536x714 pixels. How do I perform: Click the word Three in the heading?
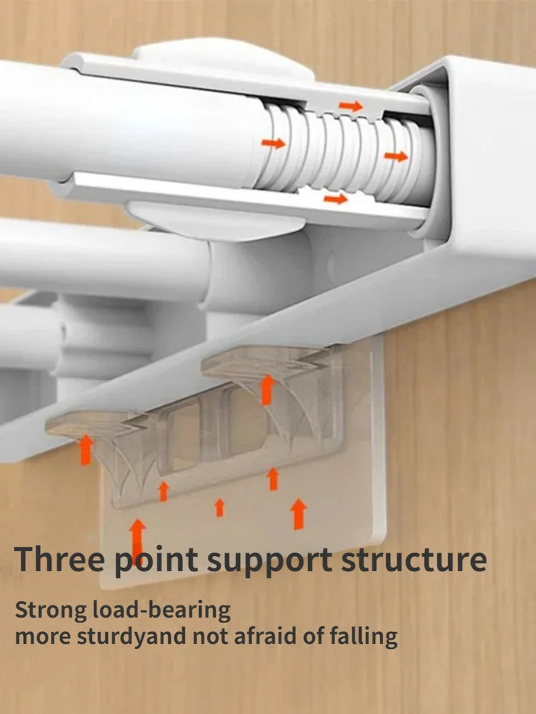59,559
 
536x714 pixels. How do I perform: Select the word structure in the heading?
414,560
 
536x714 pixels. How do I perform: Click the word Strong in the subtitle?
51,611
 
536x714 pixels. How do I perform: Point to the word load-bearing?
161,611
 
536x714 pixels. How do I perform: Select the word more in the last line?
43,638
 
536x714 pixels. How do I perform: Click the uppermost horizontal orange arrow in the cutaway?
350,106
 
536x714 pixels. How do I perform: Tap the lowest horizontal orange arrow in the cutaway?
336,198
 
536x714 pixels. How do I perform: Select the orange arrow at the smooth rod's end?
273,143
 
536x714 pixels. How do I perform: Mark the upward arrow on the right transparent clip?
267,390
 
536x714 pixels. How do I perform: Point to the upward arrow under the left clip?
86,450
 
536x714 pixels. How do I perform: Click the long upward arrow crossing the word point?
137,542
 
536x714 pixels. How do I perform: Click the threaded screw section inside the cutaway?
346,153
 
